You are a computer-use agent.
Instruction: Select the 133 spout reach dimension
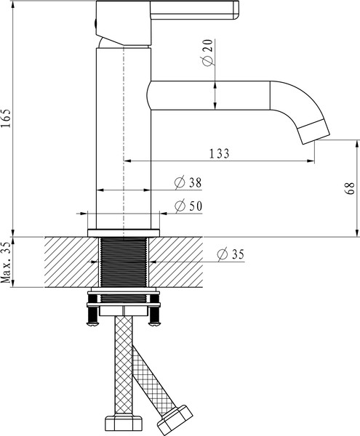pyautogui.click(x=219, y=153)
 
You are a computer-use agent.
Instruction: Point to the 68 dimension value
pyautogui.click(x=350, y=189)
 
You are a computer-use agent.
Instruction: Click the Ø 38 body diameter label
pyautogui.click(x=188, y=182)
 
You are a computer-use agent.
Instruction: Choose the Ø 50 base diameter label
pyautogui.click(x=188, y=206)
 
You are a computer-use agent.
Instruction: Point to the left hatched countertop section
pyautogui.click(x=69, y=262)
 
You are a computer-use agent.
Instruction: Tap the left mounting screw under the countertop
pyautogui.click(x=92, y=311)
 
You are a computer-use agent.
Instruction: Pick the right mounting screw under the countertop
pyautogui.click(x=154, y=311)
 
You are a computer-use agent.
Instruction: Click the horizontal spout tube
pyautogui.click(x=211, y=95)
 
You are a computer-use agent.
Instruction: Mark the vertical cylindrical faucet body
pyautogui.click(x=124, y=138)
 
